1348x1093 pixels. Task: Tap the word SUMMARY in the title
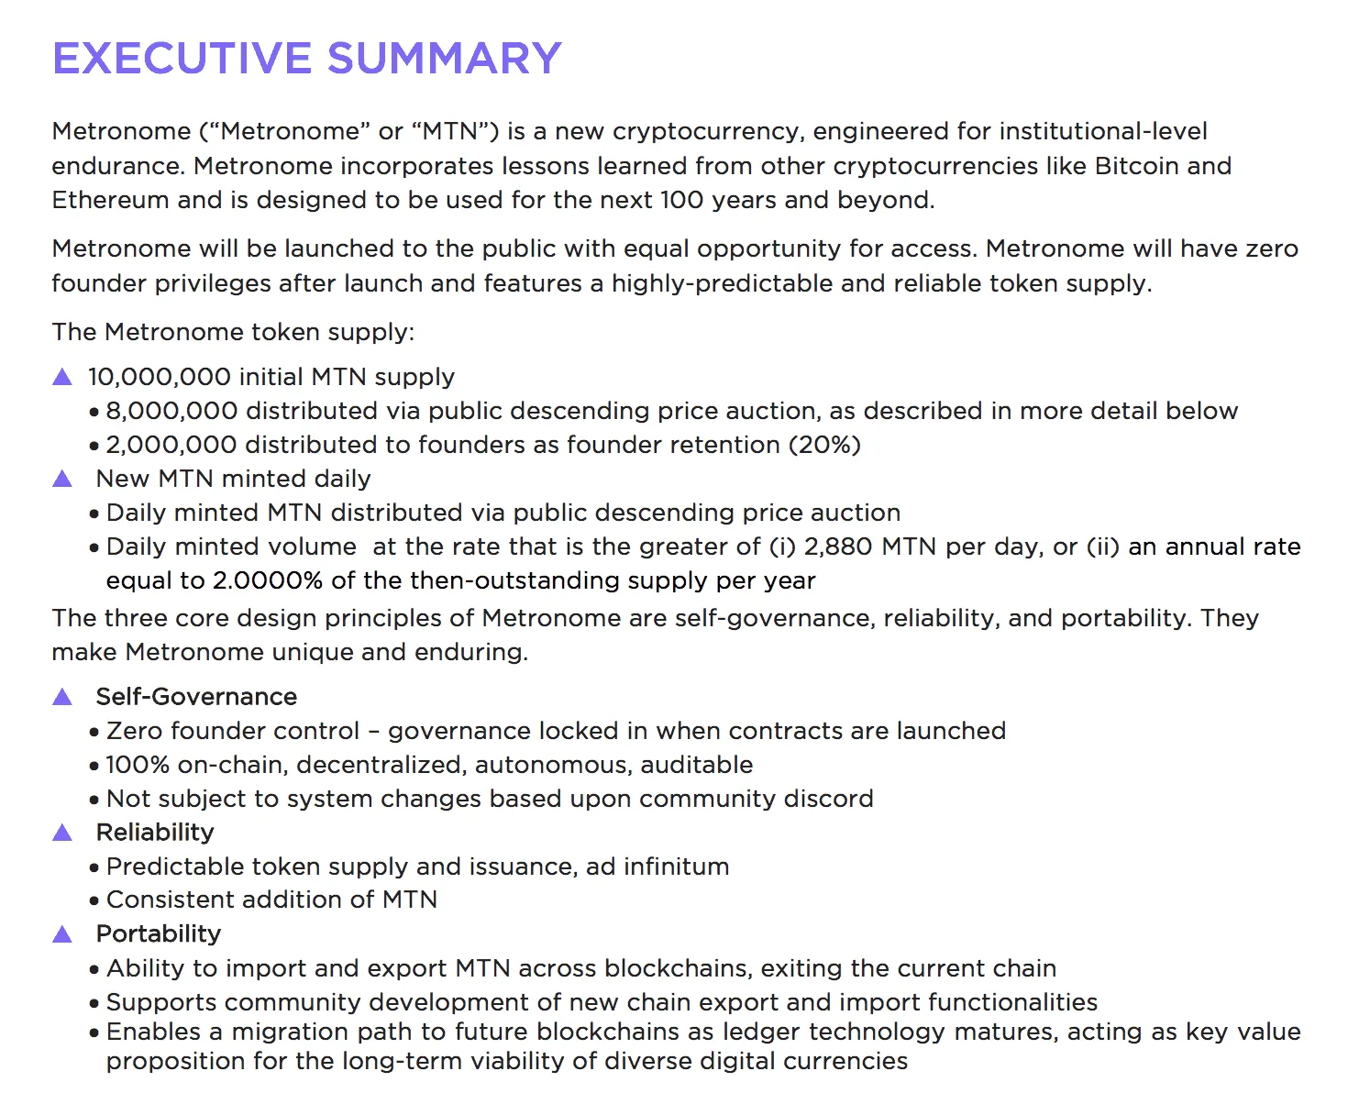444,59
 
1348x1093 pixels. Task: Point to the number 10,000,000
160,377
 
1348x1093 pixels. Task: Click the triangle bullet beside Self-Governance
62,697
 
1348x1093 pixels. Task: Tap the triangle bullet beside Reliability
62,833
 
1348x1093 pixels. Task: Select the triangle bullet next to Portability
62,934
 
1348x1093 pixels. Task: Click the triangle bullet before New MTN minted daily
62,479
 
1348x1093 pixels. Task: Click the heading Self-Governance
196,697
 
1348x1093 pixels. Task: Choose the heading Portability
159,934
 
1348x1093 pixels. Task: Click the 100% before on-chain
138,765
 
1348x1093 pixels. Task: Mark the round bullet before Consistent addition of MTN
94,901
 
